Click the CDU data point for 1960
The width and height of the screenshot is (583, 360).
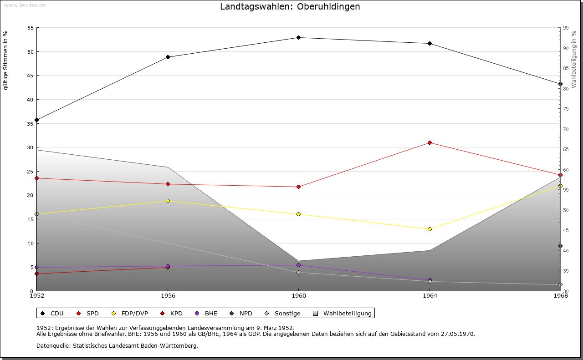[x=298, y=37]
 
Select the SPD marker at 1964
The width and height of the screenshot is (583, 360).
[x=430, y=142]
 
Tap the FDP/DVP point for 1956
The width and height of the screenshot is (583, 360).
[x=168, y=201]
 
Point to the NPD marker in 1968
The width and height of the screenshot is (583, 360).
[x=560, y=246]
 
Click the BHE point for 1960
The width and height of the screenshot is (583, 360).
[x=298, y=265]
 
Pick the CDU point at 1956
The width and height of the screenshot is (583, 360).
[x=168, y=57]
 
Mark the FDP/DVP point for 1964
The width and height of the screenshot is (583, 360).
[x=430, y=229]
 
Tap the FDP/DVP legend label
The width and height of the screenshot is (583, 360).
[x=134, y=313]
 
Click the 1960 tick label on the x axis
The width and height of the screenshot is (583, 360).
[x=298, y=296]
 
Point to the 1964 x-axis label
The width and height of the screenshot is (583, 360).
[x=430, y=296]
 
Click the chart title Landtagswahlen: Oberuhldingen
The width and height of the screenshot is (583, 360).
[x=290, y=6]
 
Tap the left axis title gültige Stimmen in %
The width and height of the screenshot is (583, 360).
[x=5, y=60]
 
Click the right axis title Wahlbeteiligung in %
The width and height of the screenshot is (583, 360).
[x=574, y=59]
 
